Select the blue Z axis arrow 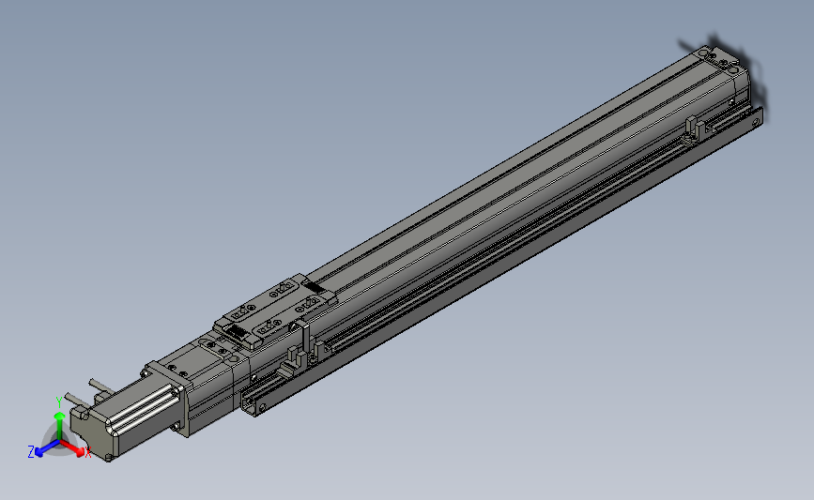tap(42, 449)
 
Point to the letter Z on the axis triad tap(30, 451)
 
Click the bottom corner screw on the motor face tap(110, 458)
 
